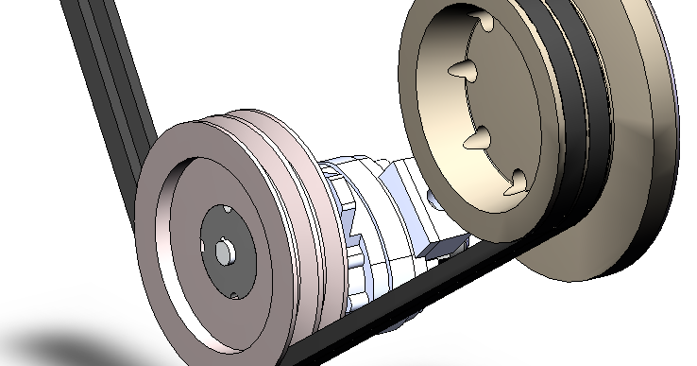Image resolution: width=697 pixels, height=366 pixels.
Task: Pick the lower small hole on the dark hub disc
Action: coord(232,294)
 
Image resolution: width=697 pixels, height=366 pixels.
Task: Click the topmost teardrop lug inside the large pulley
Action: coord(484,25)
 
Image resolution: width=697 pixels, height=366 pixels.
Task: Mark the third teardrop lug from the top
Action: coord(480,138)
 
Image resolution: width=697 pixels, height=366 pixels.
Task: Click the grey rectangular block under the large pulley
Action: coord(443,245)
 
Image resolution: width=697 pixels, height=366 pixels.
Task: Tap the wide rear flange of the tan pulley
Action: coord(652,189)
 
